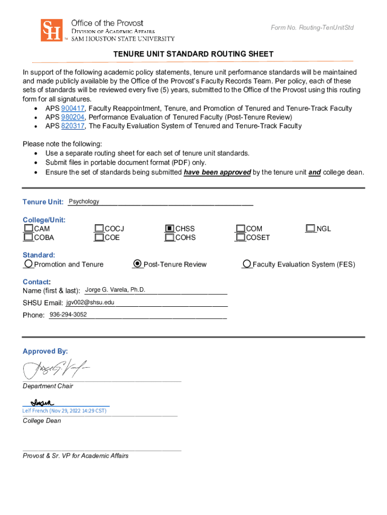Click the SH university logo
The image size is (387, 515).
point(51,30)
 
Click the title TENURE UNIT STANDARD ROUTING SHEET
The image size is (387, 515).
point(193,54)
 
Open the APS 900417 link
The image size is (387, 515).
point(72,108)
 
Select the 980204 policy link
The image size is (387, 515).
point(72,117)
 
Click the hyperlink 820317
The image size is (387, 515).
point(72,126)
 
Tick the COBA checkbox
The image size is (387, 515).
point(28,237)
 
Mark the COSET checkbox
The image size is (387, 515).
point(240,237)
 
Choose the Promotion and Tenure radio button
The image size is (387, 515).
point(29,264)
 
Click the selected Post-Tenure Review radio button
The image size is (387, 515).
point(137,264)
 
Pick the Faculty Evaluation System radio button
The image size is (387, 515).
point(247,264)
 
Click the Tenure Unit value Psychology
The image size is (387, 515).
point(84,202)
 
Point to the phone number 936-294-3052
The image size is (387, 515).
point(68,315)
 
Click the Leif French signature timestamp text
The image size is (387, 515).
point(64,411)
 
